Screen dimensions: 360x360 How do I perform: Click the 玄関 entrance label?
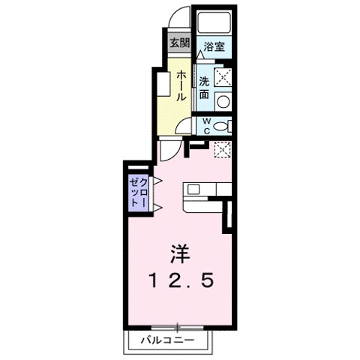(178, 42)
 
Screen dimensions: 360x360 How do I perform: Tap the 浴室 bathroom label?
(214, 46)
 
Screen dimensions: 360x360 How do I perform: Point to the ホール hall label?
(181, 87)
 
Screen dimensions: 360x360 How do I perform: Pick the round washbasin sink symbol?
(223, 100)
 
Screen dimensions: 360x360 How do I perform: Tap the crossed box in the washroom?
(223, 77)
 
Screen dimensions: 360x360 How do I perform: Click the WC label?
(203, 125)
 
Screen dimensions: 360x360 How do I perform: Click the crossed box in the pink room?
(221, 149)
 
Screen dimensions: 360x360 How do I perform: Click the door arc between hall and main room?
(171, 151)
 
